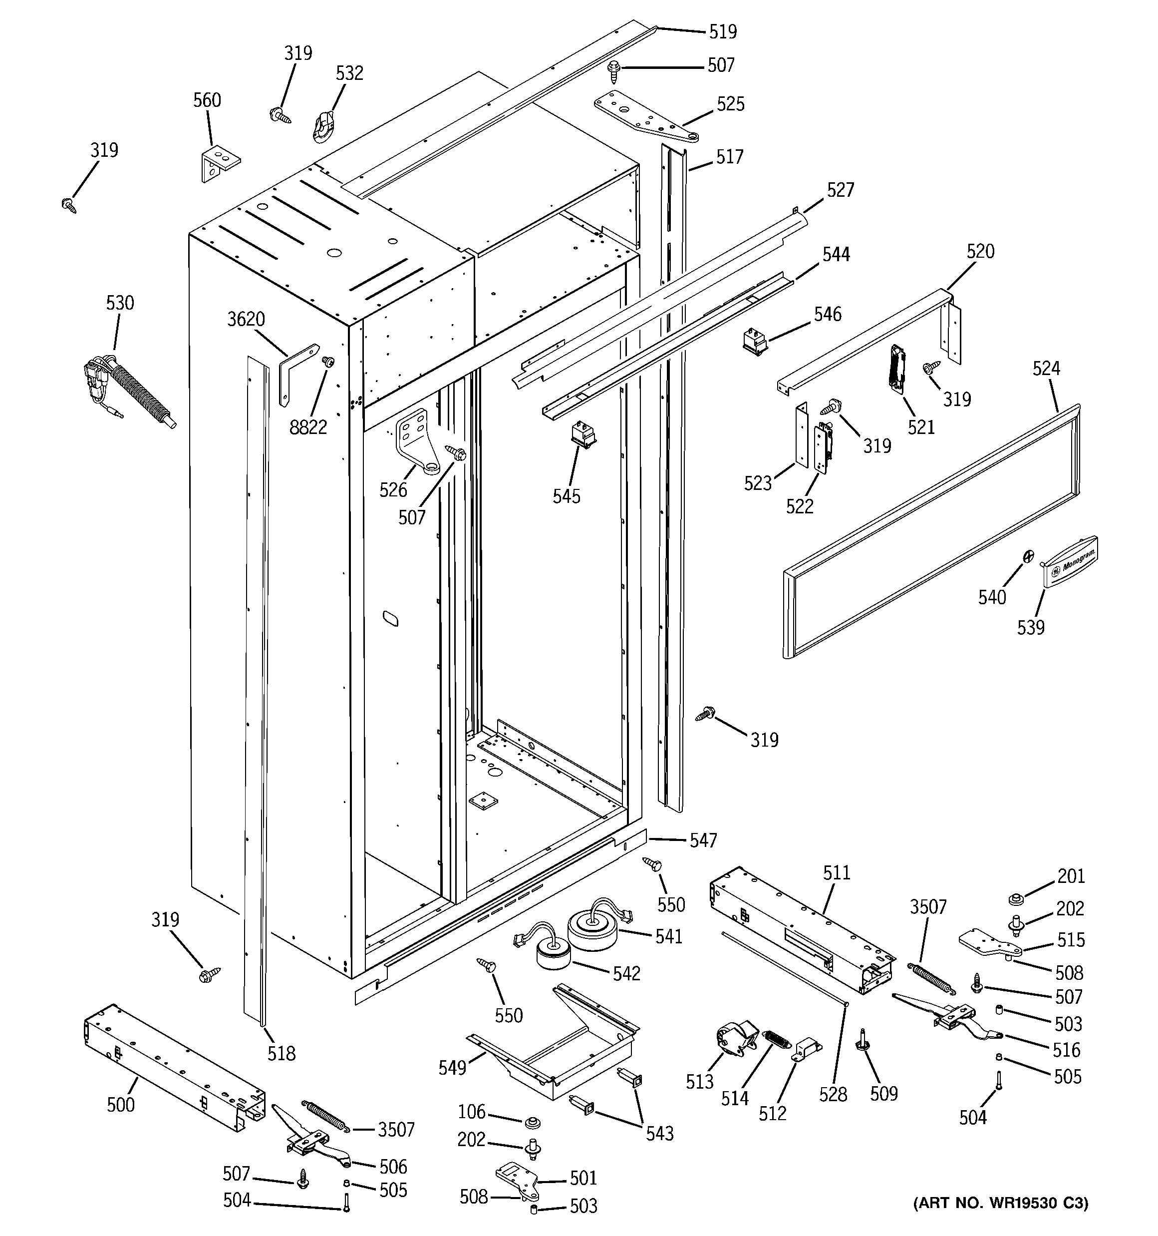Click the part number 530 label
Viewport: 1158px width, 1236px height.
point(119,303)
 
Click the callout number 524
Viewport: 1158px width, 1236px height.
point(1046,368)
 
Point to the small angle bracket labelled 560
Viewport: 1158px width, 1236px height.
point(219,163)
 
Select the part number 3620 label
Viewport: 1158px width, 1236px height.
point(246,319)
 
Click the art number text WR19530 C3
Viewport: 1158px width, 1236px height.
point(1000,1220)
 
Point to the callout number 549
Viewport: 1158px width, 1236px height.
point(452,1068)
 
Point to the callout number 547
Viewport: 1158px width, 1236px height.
point(703,840)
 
